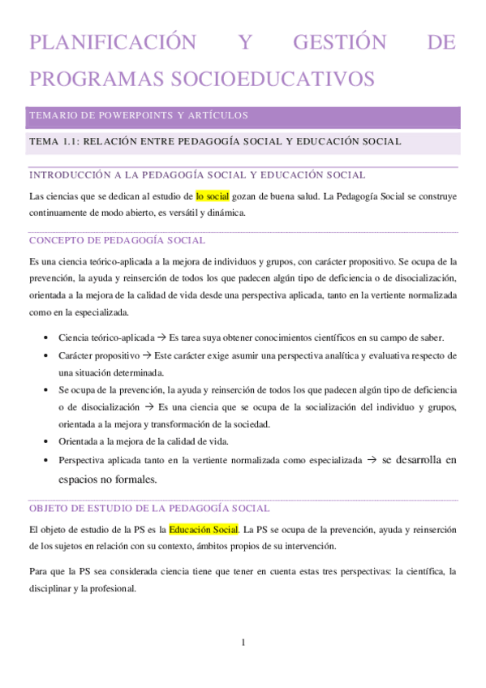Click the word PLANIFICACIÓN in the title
[112, 42]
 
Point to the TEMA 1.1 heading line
[214, 142]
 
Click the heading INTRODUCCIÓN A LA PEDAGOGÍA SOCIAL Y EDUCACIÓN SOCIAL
[196, 174]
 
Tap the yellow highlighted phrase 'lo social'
[213, 196]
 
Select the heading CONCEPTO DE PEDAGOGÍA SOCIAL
[117, 240]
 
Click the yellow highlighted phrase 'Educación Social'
[203, 530]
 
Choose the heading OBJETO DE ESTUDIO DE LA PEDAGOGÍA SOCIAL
[149, 508]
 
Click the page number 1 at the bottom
[243, 643]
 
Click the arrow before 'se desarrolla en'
[372, 459]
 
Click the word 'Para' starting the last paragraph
[37, 571]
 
